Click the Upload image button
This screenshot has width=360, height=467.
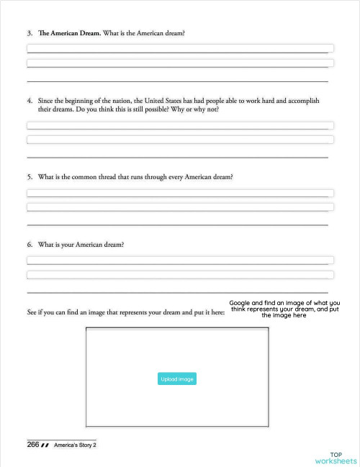point(176,378)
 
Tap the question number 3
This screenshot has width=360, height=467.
point(30,34)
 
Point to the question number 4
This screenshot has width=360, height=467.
point(30,100)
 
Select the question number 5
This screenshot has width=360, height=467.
point(30,176)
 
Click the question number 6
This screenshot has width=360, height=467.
point(30,244)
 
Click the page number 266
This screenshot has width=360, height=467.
point(33,445)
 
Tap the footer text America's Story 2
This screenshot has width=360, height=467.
point(75,445)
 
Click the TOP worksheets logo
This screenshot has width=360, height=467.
point(336,458)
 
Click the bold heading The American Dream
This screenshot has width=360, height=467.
point(69,34)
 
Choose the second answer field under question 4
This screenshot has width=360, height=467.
point(180,139)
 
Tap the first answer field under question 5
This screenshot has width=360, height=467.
point(180,193)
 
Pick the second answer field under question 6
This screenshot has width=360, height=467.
point(180,274)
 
